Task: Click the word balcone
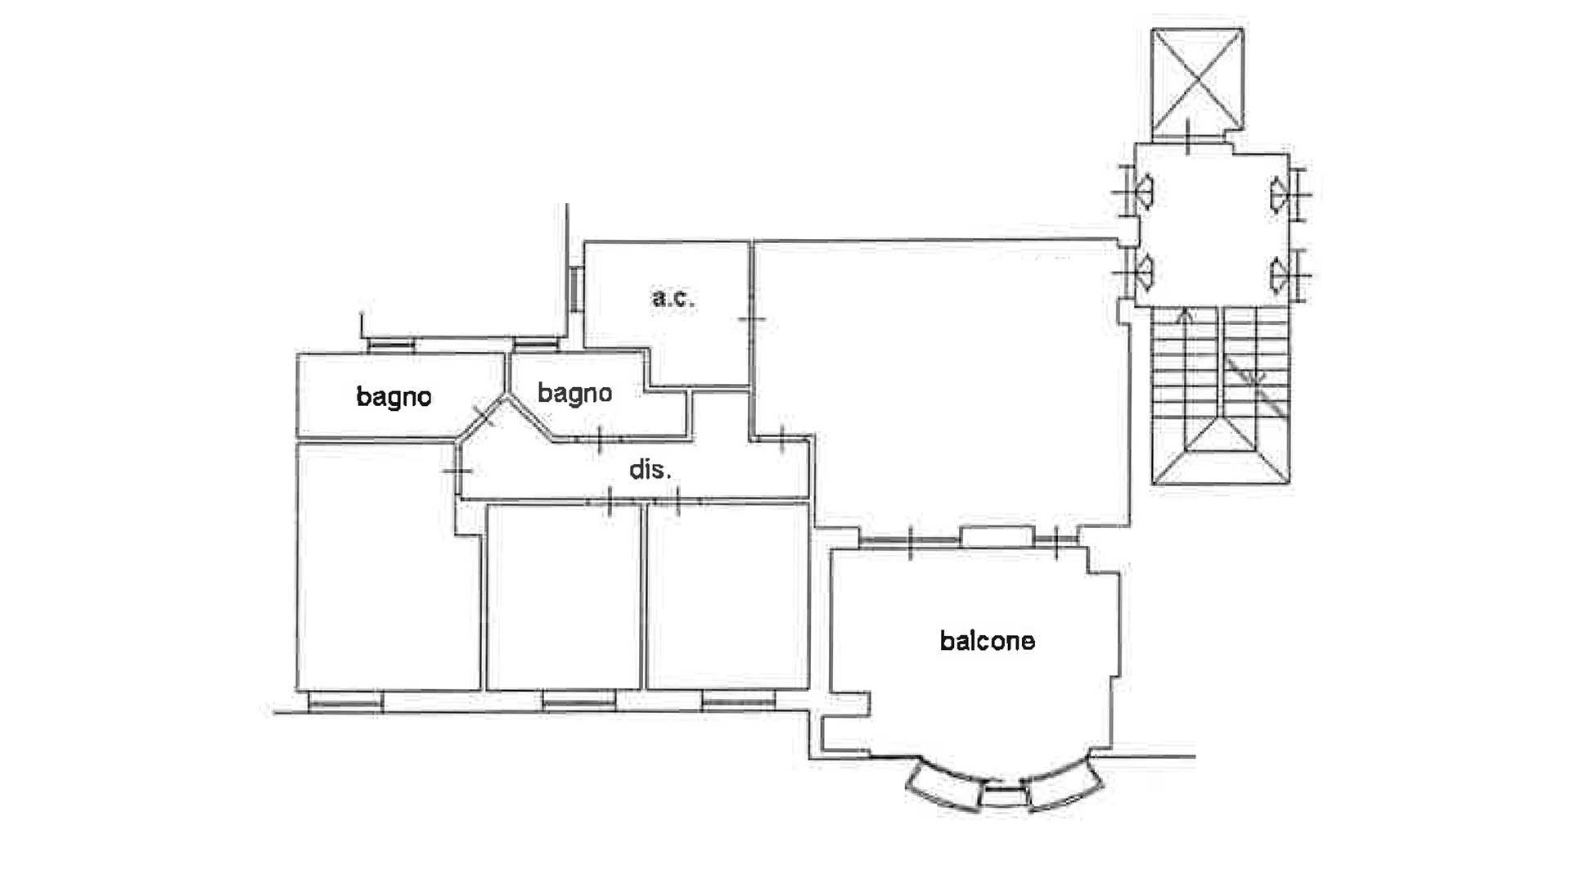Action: (987, 640)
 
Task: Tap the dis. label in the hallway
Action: (650, 469)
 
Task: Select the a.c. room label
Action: (673, 297)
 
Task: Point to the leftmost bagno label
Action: (394, 397)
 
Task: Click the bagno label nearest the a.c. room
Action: (574, 394)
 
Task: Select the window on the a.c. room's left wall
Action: (576, 289)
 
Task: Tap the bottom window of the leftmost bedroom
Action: (344, 701)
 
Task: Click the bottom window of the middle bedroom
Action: (578, 701)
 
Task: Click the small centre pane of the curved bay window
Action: (1004, 795)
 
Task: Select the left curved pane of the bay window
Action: (944, 786)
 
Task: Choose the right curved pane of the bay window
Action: (1065, 786)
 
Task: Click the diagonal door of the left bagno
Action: (484, 416)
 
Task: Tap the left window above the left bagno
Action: (391, 345)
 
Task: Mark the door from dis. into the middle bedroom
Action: (610, 501)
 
